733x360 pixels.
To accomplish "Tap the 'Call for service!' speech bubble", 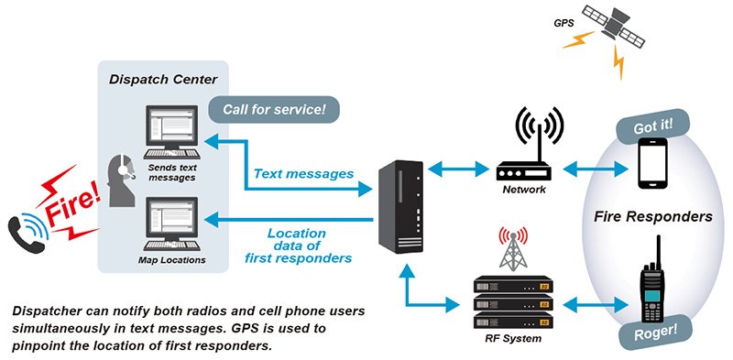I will point(274,110).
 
